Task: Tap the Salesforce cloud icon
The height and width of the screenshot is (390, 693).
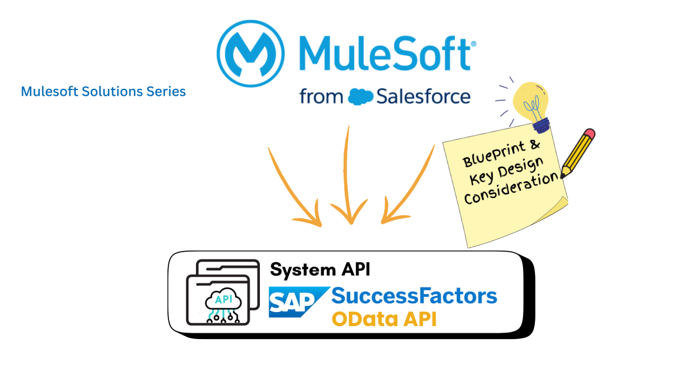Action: [361, 96]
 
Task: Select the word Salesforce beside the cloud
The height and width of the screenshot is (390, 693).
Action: [423, 96]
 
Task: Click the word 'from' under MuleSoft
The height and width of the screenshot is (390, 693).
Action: [321, 97]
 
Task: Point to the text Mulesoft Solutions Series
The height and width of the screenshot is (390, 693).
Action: [103, 92]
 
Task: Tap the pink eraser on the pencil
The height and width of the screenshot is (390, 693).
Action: [589, 134]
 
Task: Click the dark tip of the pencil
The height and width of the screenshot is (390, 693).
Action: [564, 175]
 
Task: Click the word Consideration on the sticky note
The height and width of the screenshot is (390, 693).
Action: [511, 188]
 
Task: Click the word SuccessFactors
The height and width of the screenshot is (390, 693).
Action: [414, 296]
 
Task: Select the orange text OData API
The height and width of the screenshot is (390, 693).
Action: [384, 319]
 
